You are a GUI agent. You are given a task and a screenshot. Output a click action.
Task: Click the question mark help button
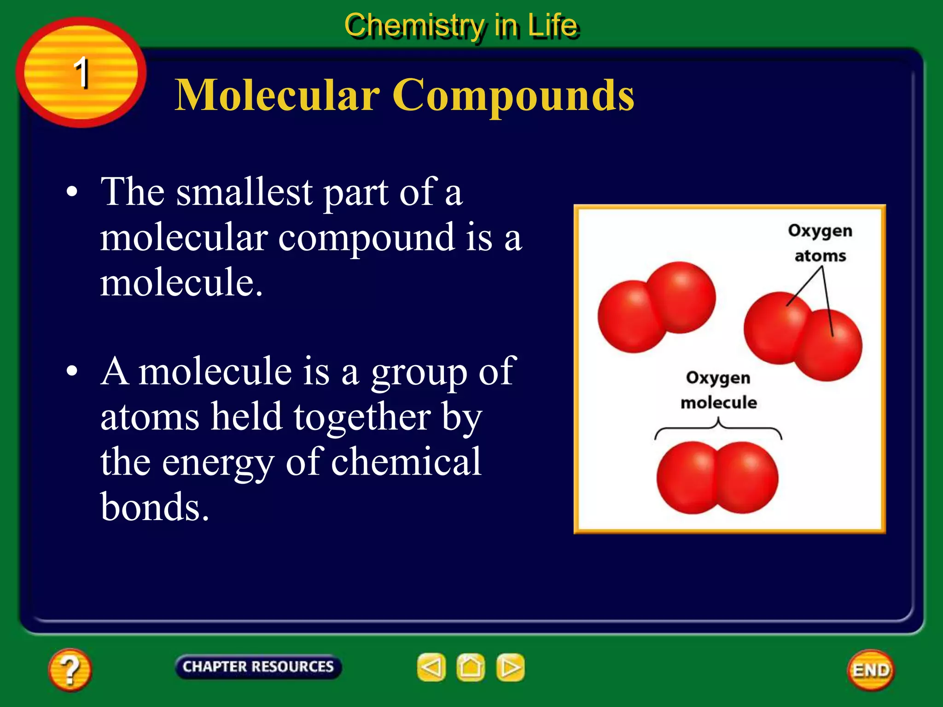[70, 670]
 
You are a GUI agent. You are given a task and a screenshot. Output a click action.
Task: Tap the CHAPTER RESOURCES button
[258, 666]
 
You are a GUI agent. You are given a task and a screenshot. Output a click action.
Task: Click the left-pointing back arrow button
[431, 667]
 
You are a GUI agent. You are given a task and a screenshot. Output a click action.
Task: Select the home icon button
[471, 667]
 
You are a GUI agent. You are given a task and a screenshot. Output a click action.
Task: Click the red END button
[871, 670]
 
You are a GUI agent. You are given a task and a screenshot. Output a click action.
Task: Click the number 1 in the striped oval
[81, 72]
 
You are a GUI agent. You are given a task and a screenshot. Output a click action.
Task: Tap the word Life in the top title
[552, 26]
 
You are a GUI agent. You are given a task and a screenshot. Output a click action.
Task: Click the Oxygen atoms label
[820, 243]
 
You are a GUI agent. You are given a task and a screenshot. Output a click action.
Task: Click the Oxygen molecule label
[718, 390]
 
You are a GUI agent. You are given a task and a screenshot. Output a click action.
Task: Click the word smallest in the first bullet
[244, 192]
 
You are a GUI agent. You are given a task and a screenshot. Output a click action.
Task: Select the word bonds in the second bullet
[155, 507]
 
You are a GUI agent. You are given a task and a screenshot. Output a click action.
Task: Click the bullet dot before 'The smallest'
[72, 192]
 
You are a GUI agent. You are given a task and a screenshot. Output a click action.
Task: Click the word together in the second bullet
[362, 417]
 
